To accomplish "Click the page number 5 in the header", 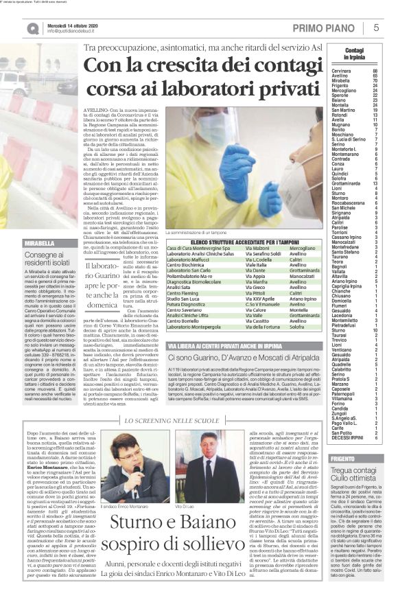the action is pos(376,27).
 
